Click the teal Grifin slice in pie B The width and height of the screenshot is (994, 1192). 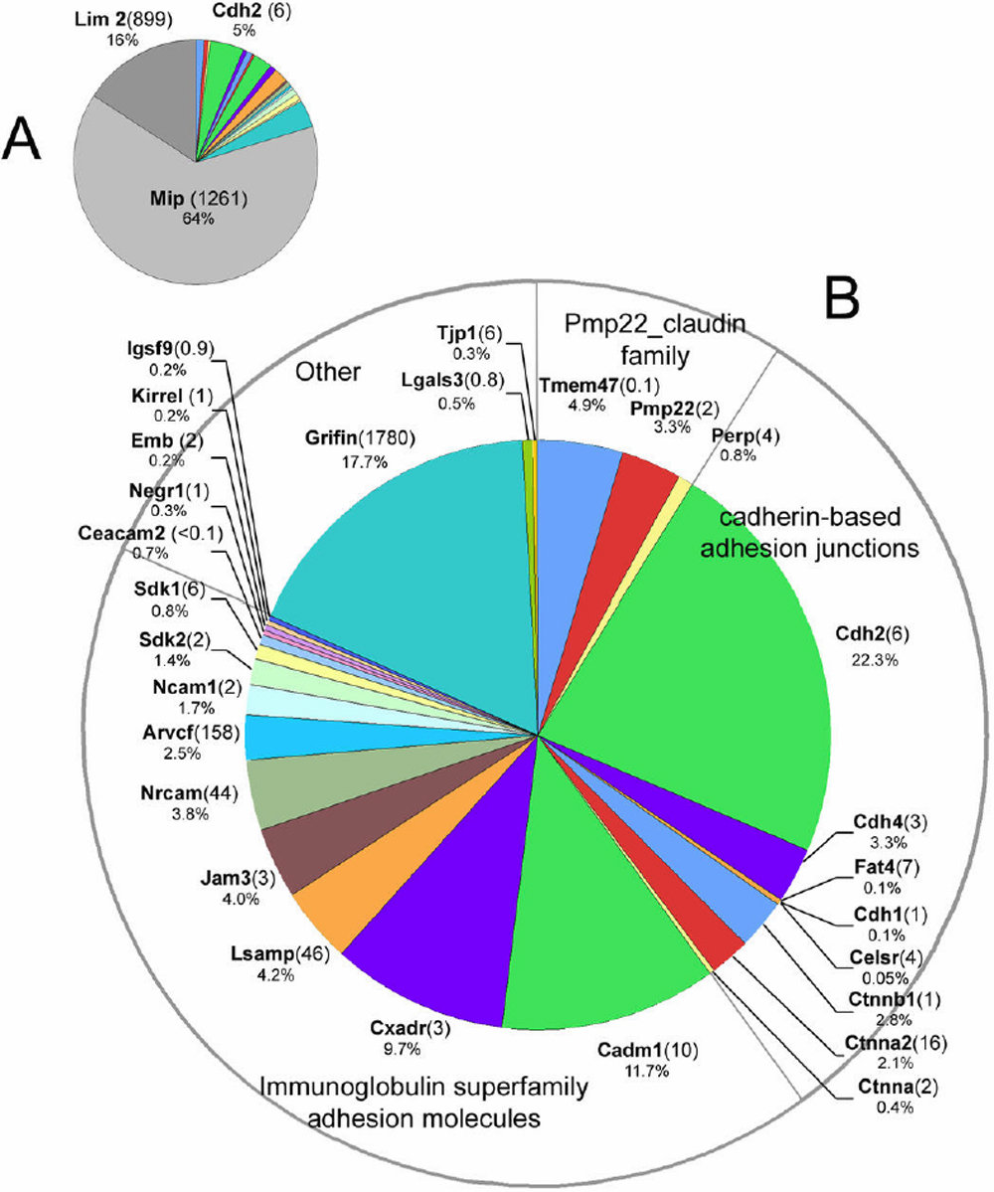[x=398, y=557]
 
